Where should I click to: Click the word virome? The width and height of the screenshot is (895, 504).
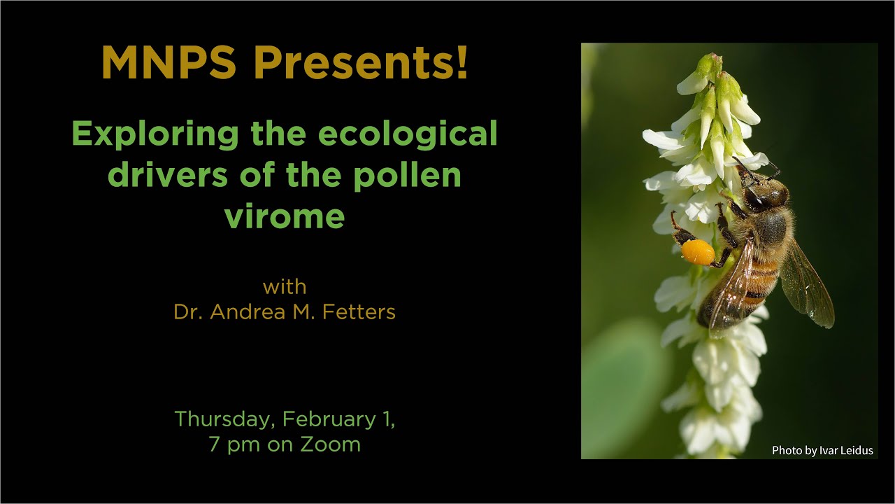pyautogui.click(x=285, y=216)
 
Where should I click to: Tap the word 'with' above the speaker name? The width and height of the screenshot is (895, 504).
pyautogui.click(x=285, y=287)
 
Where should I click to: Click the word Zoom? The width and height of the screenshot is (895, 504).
pyautogui.click(x=331, y=444)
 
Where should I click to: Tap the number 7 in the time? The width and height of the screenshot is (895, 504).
pyautogui.click(x=214, y=444)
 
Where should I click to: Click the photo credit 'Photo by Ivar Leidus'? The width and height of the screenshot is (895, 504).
pyautogui.click(x=822, y=451)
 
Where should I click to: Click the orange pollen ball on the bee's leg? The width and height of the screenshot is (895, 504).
pyautogui.click(x=698, y=252)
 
